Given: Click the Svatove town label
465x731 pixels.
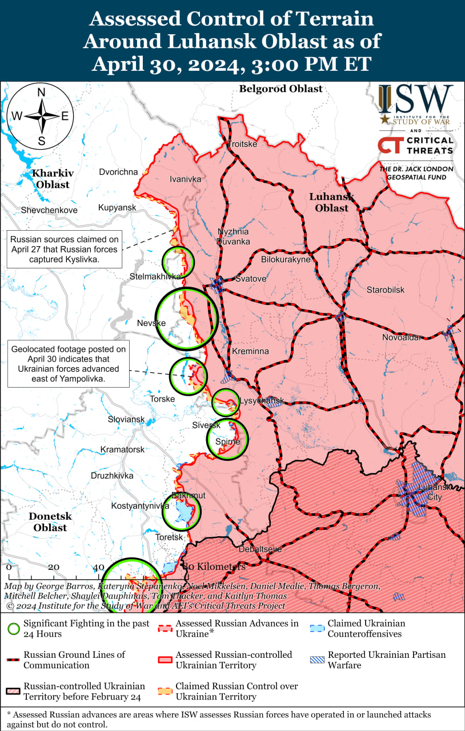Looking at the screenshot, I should pos(251,279).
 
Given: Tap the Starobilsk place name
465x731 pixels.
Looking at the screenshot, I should pos(386,290).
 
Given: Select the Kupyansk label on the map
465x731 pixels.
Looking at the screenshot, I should pos(117,207).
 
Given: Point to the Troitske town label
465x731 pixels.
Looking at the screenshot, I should pos(242,144).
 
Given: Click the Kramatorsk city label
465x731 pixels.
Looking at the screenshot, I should pos(122,449).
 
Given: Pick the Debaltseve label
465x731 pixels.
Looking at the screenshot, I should pos(260,549).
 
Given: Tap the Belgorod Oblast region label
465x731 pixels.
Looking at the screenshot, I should pos(280,89).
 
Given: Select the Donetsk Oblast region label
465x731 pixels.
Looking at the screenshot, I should pos(50,521).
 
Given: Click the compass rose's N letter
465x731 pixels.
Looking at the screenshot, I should pos(41,93).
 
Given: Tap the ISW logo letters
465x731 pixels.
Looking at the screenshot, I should pos(415,99).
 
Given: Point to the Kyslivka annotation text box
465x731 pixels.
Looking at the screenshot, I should pos(64,249).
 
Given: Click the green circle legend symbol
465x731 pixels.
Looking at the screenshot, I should pos(13,629).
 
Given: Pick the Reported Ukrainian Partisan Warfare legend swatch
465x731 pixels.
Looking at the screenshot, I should pos(318,660).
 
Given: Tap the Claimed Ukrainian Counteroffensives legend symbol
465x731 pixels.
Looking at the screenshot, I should pos(318,629).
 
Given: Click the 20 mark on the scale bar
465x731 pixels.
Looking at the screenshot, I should pos(54,567).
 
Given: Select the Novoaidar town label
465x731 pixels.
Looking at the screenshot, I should pos(402,338).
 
